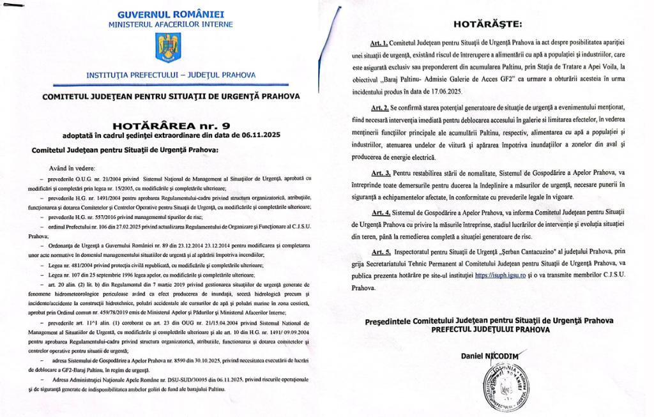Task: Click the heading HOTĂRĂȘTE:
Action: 487,25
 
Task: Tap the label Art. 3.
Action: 381,173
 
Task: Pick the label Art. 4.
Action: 381,213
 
